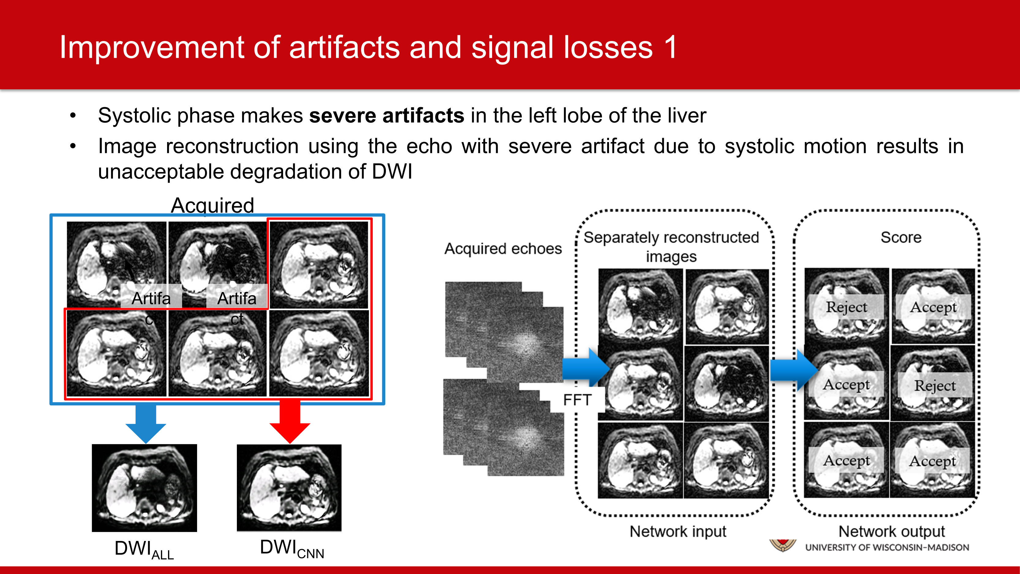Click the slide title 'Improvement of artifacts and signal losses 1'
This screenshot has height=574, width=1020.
368,47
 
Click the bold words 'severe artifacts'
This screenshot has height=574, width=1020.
387,116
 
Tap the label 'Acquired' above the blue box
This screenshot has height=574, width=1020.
212,205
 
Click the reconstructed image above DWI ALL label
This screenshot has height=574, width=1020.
144,488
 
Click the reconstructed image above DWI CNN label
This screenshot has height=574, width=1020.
289,488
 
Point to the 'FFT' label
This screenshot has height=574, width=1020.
577,400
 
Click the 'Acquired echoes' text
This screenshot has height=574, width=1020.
503,249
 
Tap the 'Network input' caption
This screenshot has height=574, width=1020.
678,531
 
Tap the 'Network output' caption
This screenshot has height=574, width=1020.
892,531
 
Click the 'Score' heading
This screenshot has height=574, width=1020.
901,237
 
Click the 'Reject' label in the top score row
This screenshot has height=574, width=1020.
846,307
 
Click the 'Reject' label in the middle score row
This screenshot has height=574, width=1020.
935,385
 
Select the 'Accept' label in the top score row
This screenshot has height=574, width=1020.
933,307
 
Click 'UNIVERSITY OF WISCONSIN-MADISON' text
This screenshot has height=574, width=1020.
887,547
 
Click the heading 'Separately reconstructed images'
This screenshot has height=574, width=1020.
671,246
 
